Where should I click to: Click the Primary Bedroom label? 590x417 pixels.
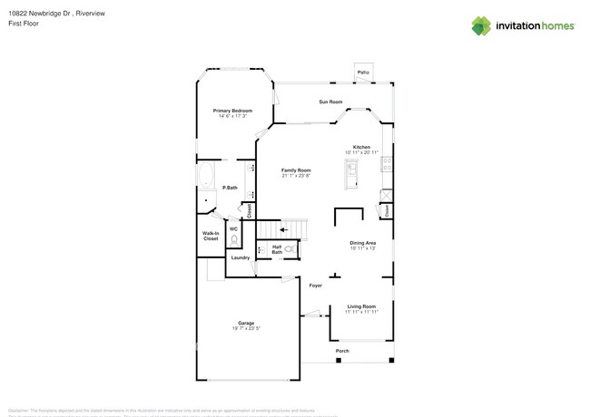(232, 111)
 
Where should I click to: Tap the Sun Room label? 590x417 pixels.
(329, 102)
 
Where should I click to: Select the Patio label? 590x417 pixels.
(363, 72)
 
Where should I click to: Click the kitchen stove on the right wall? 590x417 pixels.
(388, 164)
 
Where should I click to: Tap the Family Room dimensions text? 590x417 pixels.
(296, 176)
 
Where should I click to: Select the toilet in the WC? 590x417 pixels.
(233, 241)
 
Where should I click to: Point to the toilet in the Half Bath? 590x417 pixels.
(290, 248)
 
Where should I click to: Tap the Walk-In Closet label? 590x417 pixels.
(211, 236)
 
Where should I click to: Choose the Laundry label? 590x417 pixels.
(240, 257)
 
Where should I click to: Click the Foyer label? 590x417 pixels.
(315, 286)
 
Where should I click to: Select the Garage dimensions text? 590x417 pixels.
(246, 328)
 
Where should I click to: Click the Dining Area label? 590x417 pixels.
(363, 243)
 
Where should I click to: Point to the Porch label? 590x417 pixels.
(342, 351)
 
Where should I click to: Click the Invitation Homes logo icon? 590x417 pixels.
(480, 26)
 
